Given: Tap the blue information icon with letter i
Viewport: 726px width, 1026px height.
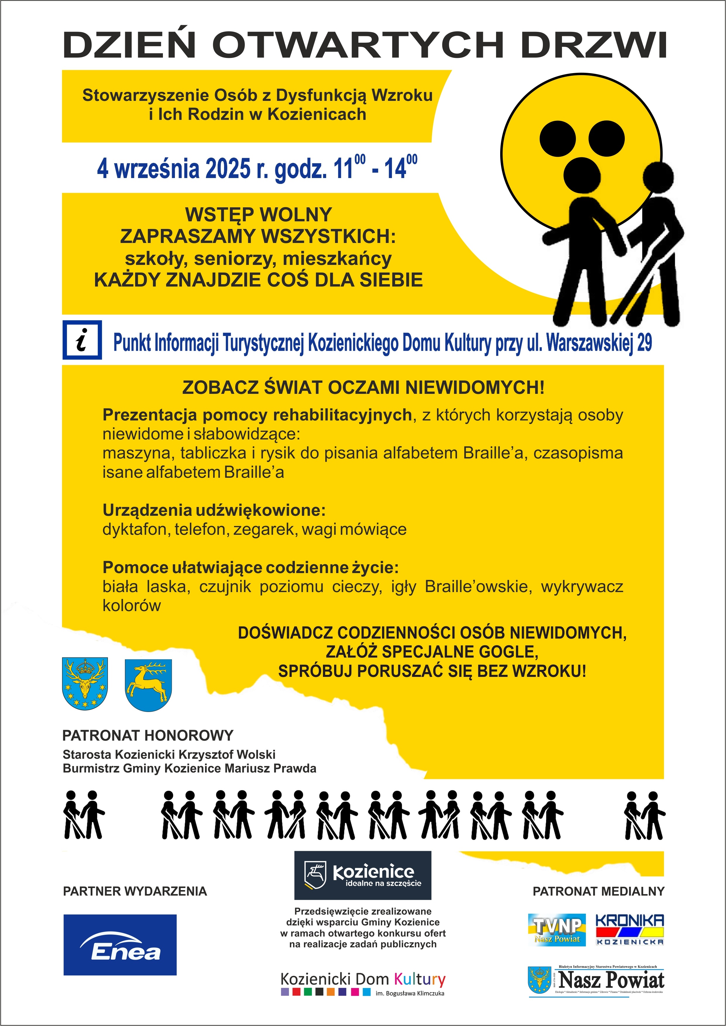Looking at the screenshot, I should coord(82,340).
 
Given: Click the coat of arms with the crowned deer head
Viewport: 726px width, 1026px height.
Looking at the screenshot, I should coord(85,683).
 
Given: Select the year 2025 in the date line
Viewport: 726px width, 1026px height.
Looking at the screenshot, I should coord(228,169).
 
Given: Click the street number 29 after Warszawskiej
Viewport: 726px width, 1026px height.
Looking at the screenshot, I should coord(644,343).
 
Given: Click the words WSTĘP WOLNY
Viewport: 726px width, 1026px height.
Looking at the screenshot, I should coord(258,215).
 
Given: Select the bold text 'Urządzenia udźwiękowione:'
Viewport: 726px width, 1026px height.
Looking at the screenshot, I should coord(214,510).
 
